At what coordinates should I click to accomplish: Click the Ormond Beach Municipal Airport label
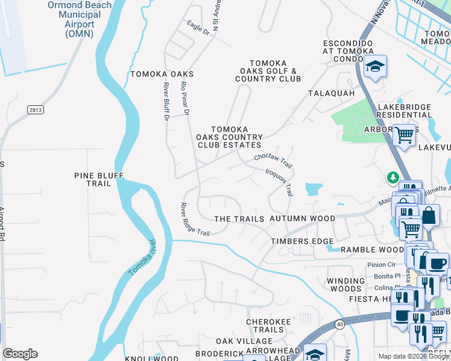[80, 19]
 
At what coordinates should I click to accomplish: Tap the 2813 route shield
[35, 110]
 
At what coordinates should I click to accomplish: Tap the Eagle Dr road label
[197, 27]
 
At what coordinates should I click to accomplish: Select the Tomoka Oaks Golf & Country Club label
[268, 71]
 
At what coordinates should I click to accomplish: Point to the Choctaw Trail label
[273, 161]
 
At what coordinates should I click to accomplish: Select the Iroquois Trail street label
[279, 181]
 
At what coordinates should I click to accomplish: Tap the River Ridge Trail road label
[195, 220]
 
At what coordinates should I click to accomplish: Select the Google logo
[20, 354]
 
